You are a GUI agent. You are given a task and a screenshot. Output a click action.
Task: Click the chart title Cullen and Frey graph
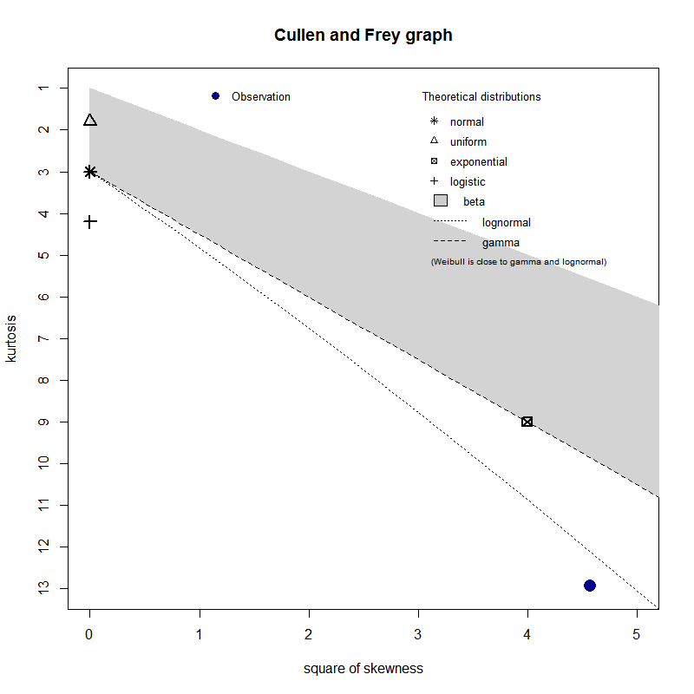coord(363,36)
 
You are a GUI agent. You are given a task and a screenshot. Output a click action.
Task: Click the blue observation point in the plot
coord(590,586)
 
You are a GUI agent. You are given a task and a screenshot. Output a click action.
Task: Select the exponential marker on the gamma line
coord(527,422)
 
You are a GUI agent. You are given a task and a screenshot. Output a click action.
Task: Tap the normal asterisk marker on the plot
coord(90,172)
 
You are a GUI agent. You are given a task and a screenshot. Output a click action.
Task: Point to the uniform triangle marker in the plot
coord(90,120)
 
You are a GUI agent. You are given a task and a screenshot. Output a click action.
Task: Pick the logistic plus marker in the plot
coord(90,222)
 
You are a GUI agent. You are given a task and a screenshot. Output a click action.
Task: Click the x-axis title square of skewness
coord(363,669)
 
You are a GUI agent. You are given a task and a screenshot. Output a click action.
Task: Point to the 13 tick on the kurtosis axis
coord(41,588)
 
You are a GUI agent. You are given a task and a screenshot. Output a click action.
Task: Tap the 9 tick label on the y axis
coord(41,422)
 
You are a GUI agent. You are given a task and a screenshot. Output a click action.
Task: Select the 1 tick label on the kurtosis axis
coord(41,88)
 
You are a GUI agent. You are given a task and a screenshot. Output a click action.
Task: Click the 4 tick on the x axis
coord(527,634)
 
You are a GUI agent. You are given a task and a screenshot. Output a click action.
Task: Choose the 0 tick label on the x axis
coord(89,634)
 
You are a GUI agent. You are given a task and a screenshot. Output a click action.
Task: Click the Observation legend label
coord(261,97)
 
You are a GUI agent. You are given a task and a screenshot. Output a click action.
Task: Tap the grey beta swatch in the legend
coord(440,201)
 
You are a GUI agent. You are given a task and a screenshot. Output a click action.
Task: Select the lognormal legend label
coord(507,223)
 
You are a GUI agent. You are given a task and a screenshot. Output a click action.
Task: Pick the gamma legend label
coord(501,243)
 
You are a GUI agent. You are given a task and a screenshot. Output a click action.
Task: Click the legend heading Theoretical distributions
coord(481,97)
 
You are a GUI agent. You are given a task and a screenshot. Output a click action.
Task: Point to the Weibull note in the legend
coord(519,261)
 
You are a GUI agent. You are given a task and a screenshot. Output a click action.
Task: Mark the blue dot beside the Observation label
coord(215,96)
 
